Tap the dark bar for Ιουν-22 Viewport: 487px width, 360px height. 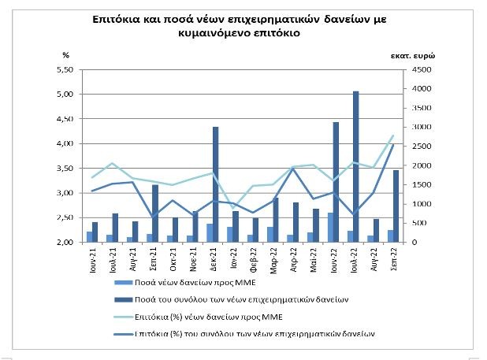click(x=336, y=182)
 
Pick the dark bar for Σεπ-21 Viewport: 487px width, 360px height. click(x=155, y=213)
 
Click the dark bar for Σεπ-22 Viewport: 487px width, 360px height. click(x=396, y=206)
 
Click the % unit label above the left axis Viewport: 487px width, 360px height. click(x=66, y=54)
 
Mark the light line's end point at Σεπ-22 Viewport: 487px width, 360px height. click(x=392, y=135)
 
